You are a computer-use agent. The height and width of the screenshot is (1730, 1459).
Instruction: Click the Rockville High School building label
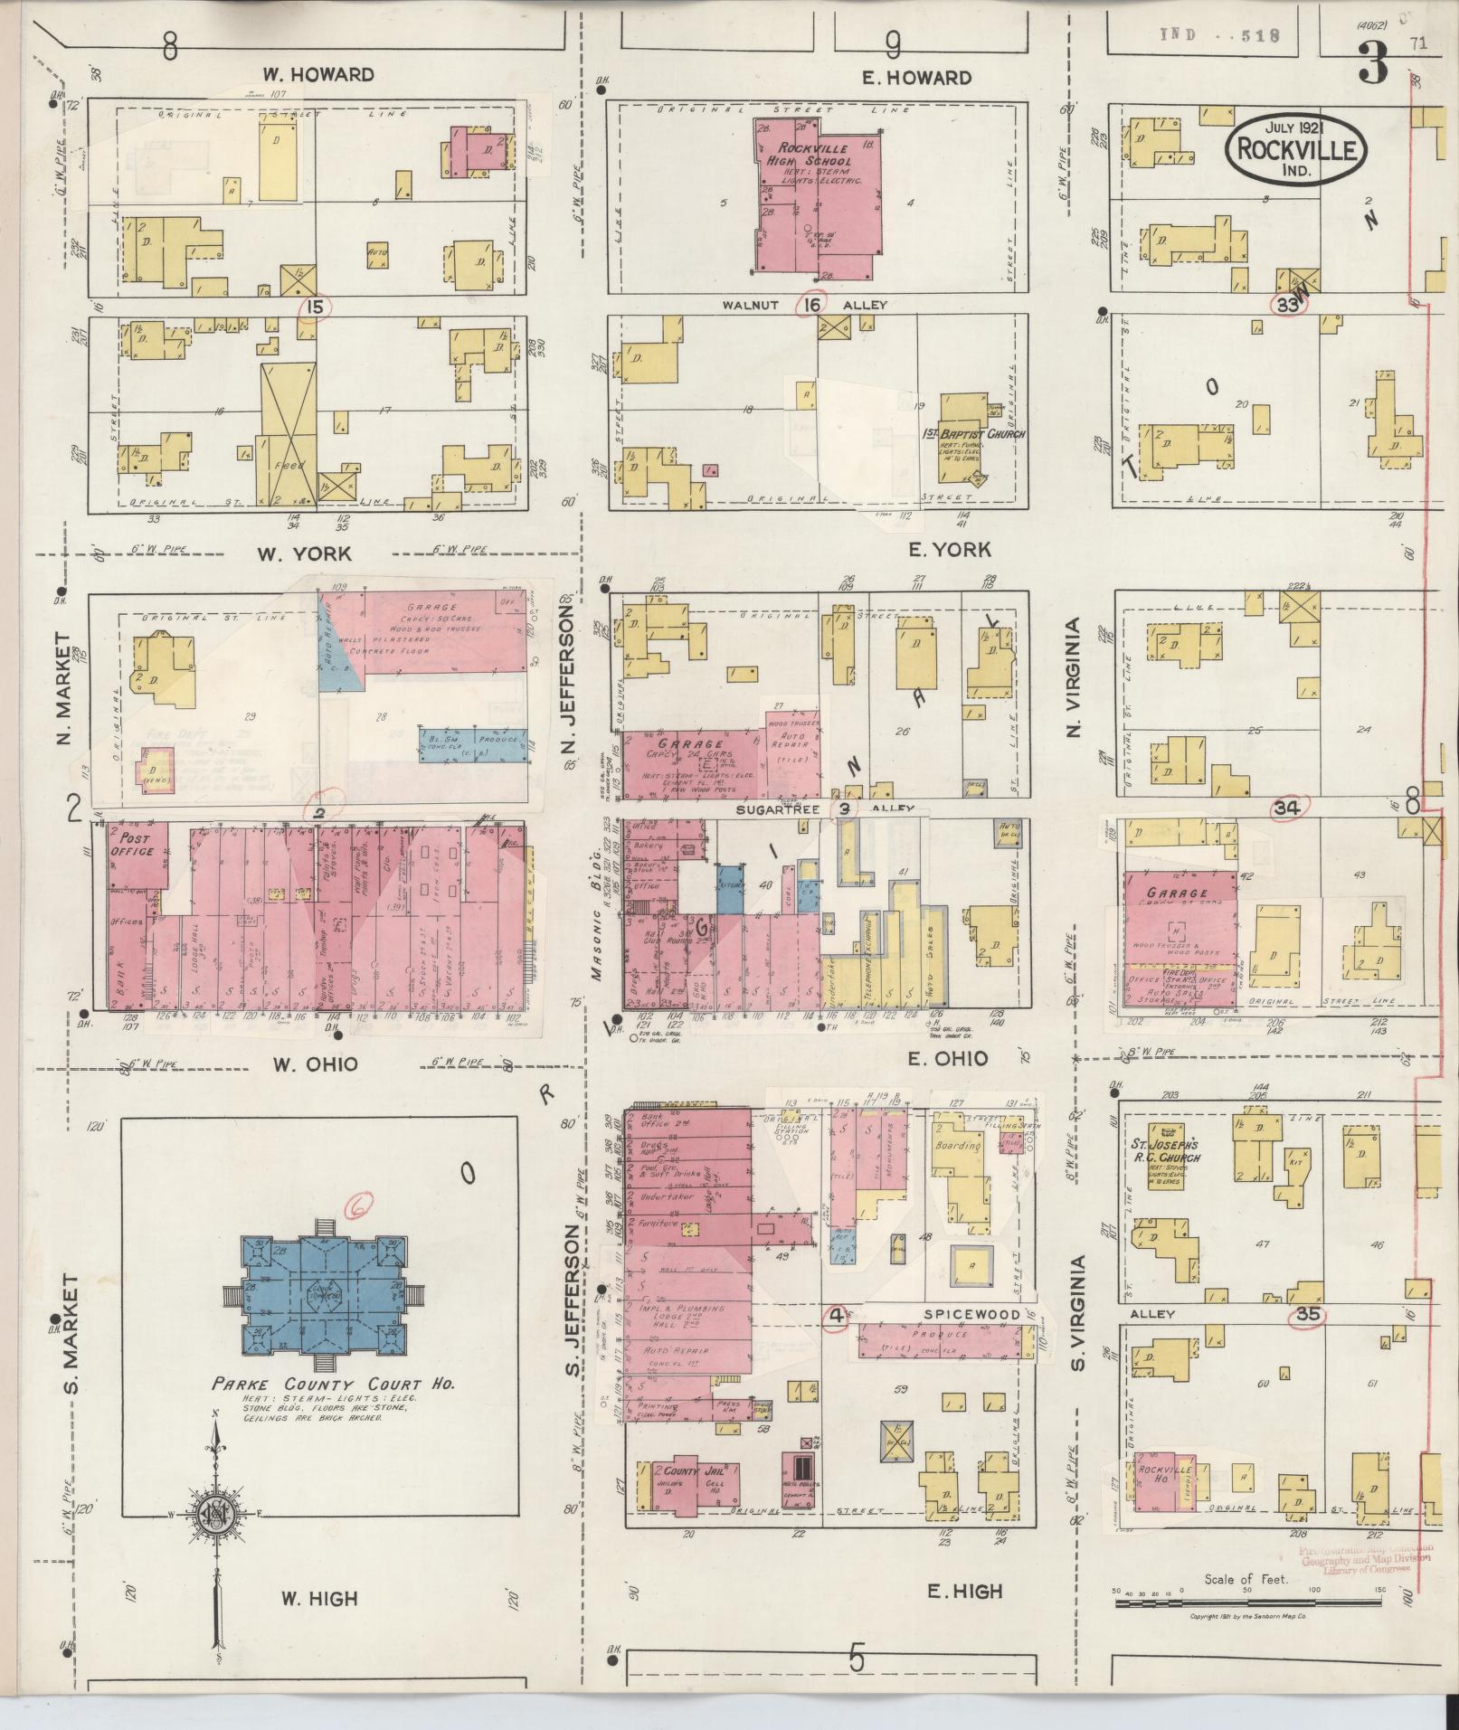pos(817,155)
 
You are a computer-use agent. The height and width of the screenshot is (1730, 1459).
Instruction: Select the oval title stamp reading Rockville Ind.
pos(1297,149)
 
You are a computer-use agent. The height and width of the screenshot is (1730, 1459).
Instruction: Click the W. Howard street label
pos(318,74)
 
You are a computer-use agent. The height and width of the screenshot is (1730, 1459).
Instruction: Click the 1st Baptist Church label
pos(981,434)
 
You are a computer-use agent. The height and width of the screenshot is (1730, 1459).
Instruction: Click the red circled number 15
pos(315,307)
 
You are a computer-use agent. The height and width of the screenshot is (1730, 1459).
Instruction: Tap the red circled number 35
pos(1307,1314)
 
